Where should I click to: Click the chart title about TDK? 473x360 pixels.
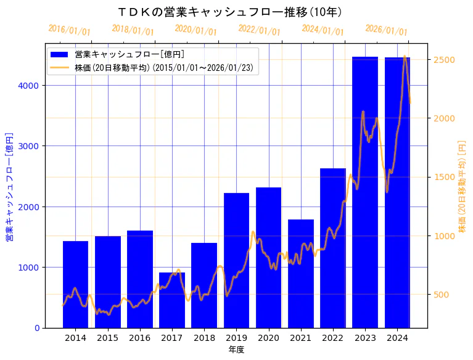229,12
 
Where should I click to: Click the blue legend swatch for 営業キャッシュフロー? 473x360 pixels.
60,54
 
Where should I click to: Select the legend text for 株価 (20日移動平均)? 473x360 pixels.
163,67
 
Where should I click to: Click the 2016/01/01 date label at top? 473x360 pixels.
69,30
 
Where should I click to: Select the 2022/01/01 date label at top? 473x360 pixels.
259,30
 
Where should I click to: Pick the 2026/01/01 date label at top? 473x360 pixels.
386,30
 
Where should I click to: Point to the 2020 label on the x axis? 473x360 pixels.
268,338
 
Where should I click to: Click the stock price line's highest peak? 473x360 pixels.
404,57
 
